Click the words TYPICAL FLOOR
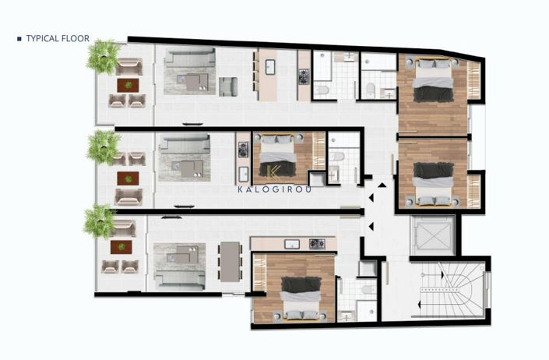58,37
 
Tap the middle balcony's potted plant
104,146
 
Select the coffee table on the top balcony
125,84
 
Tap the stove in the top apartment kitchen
303,76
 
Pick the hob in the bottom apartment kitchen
317,244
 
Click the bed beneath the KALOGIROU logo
277,155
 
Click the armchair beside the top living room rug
227,85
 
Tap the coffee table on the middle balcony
125,178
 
